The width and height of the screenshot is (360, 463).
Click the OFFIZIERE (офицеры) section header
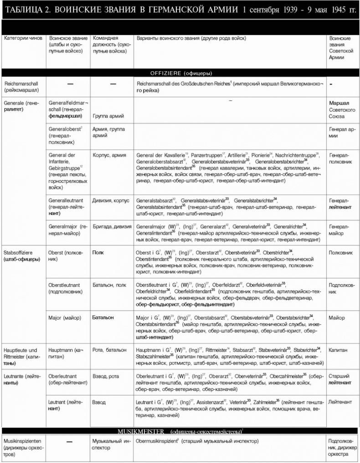click(180, 73)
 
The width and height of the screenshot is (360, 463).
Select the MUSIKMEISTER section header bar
click(180, 431)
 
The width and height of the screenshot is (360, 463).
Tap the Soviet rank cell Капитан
click(338, 350)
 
